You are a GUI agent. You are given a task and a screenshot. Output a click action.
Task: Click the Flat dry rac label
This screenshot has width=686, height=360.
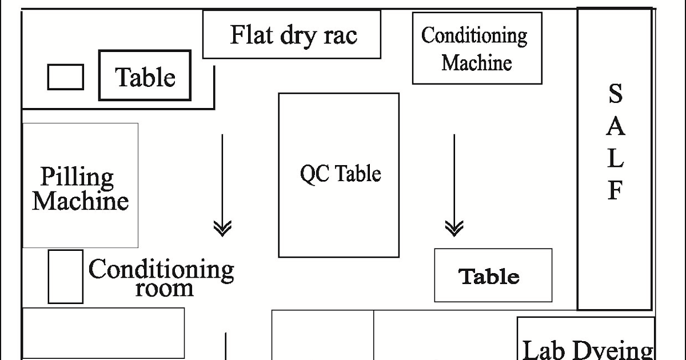[293, 35]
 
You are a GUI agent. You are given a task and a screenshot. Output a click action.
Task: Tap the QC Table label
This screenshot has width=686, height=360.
[341, 173]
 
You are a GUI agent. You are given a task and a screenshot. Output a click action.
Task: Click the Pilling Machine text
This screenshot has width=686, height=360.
[80, 189]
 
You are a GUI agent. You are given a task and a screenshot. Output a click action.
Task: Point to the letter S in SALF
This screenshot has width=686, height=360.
[615, 94]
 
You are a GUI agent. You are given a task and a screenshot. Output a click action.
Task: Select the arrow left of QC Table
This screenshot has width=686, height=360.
[222, 183]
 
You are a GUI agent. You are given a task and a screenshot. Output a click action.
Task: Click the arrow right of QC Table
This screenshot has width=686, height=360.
[454, 183]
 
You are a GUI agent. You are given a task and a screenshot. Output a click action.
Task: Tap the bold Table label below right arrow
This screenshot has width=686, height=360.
[489, 277]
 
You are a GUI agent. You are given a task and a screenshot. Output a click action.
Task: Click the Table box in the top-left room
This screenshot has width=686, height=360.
[145, 76]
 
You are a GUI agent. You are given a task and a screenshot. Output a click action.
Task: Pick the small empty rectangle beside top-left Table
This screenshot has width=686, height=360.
[65, 77]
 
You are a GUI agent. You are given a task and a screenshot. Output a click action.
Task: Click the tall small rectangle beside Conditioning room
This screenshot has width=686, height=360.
[65, 277]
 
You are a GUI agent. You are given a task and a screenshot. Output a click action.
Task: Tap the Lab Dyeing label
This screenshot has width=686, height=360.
[588, 349]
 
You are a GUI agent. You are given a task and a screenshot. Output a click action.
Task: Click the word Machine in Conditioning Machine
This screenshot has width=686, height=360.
[477, 62]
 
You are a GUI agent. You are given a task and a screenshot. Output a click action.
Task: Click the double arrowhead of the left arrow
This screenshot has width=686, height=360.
[222, 229]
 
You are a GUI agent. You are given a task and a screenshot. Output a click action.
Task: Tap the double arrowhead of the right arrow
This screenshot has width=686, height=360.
[454, 229]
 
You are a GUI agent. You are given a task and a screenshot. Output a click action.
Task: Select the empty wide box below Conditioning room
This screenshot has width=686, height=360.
[103, 333]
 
